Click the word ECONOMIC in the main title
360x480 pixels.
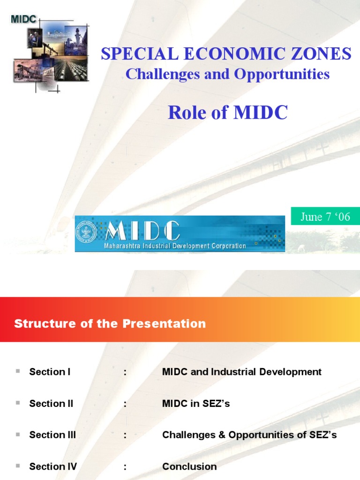227,54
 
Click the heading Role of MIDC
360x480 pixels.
227,112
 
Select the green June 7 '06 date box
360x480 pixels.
325,217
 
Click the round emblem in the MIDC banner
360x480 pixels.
86,233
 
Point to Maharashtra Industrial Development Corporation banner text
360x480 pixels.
175,246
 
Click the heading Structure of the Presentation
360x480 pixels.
110,323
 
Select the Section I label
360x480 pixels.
50,372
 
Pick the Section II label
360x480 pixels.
51,404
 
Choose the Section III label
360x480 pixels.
52,435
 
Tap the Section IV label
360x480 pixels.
53,466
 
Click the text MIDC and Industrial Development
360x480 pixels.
242,372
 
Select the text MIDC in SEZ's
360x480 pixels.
196,404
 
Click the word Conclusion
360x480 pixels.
189,466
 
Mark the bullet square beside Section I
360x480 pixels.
18,371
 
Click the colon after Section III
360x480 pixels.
126,435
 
